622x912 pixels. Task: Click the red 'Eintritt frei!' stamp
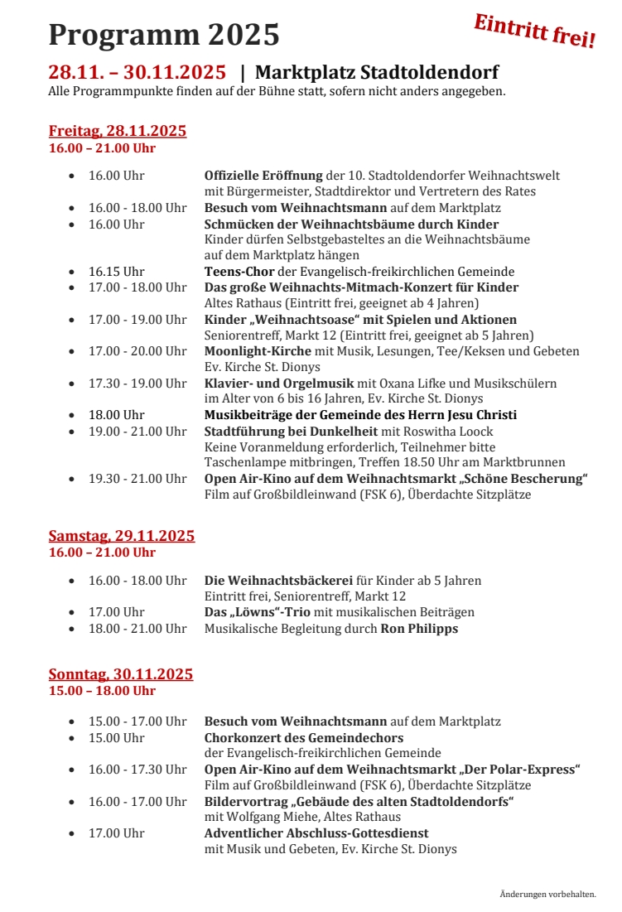pos(534,31)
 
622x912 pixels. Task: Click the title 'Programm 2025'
pos(164,36)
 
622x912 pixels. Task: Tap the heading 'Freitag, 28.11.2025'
pos(117,131)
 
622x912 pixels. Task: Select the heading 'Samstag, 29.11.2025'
pos(121,536)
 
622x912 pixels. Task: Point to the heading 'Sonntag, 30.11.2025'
pos(120,674)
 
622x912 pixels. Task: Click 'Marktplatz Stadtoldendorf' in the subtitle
pos(377,72)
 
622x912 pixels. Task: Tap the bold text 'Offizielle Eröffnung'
pos(263,176)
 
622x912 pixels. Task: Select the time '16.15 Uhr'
pos(117,272)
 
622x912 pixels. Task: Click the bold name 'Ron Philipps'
pos(419,629)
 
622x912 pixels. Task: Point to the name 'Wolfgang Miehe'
pos(272,817)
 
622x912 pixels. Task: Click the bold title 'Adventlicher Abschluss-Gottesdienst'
pos(316,833)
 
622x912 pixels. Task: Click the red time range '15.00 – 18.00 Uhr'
pos(102,691)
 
